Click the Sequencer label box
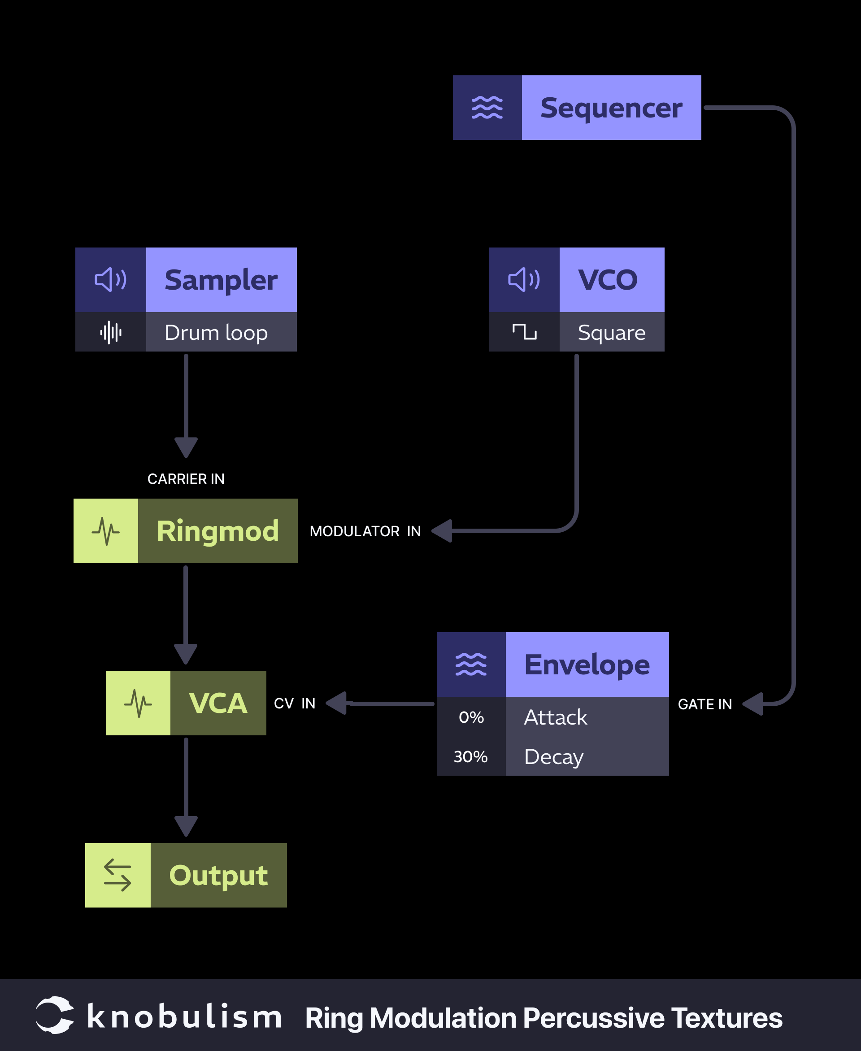coord(611,108)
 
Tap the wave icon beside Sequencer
coord(487,108)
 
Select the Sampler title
coord(221,280)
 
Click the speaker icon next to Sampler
coord(111,280)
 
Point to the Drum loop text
coord(216,332)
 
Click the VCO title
coord(608,280)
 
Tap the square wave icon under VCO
coord(524,332)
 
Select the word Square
coord(612,332)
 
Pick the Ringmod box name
coord(218,531)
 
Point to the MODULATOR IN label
coord(365,531)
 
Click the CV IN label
coord(295,704)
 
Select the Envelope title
coord(587,664)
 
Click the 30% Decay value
coord(471,756)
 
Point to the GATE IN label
coord(705,704)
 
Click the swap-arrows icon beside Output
coord(117,875)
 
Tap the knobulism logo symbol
coord(55,1015)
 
